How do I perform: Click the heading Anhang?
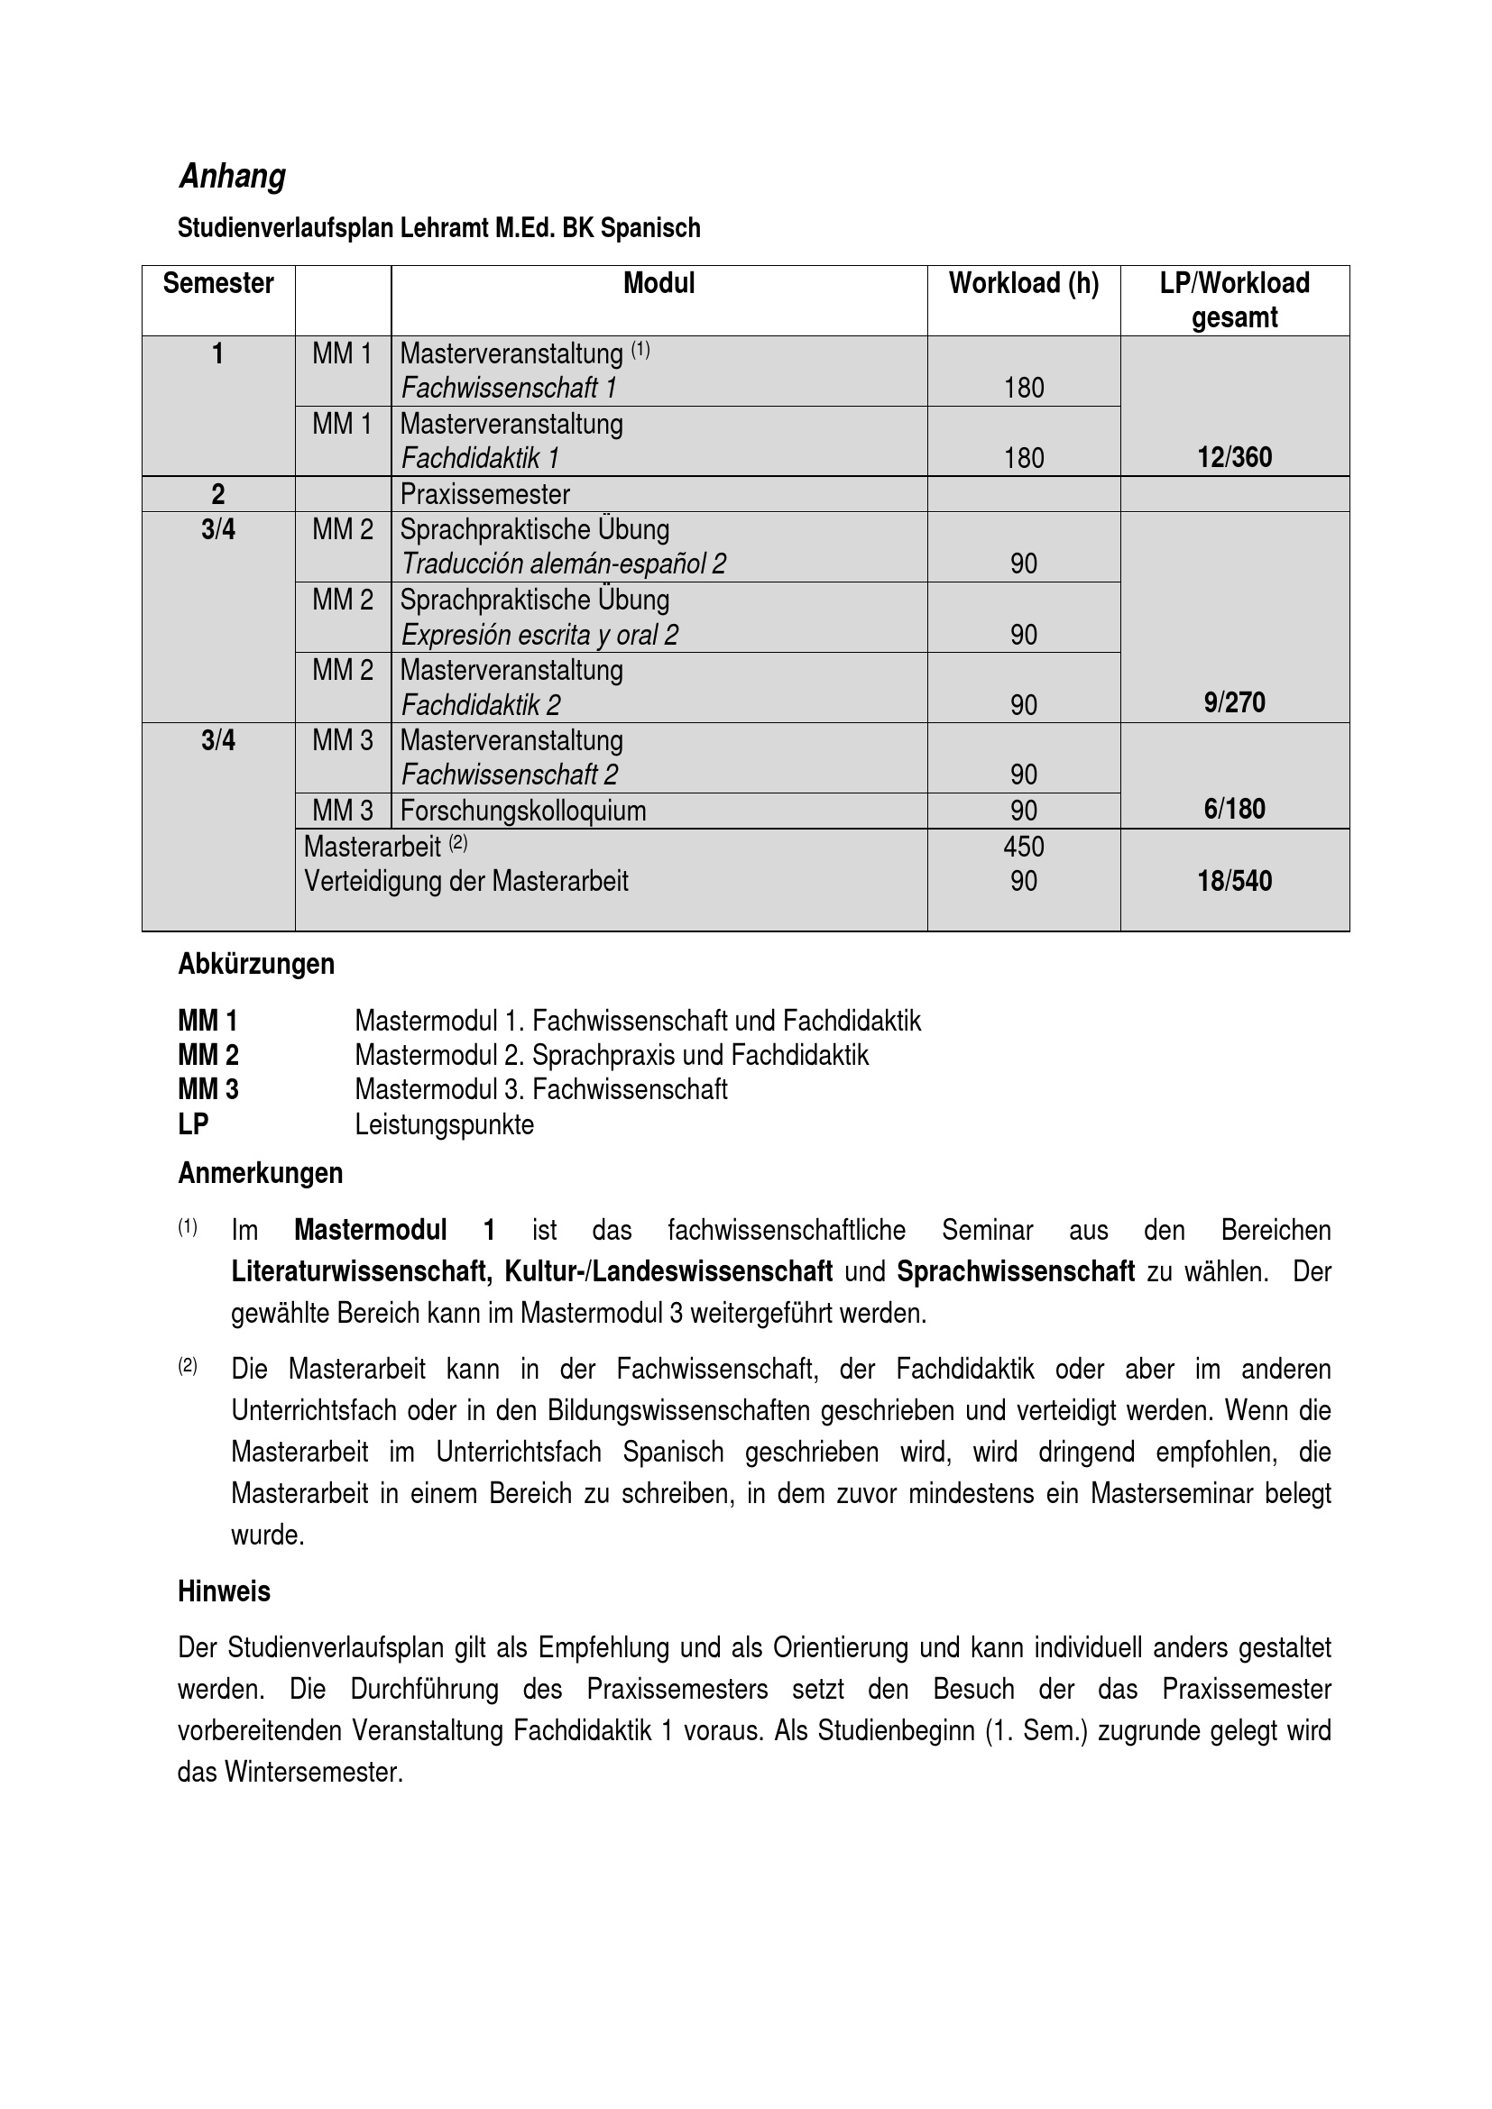pos(233,176)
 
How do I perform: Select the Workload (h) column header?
pos(1024,284)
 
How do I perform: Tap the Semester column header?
pos(218,284)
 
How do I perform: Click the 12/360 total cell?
pos(1234,457)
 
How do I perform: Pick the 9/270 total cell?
pos(1234,703)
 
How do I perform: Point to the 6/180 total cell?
pos(1234,809)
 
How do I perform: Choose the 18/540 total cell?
pos(1234,881)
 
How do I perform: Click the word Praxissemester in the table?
pos(485,495)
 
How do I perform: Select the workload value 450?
pos(1024,846)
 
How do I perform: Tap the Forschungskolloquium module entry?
pos(523,812)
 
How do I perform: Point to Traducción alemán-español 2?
pos(563,564)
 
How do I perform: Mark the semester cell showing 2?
pos(218,495)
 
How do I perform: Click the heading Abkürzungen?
pos(256,965)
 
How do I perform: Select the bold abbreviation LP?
pos(193,1124)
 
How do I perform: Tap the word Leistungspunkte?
pos(445,1124)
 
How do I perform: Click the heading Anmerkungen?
pos(260,1174)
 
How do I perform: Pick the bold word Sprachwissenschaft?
pos(1015,1271)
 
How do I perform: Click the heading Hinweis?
pos(225,1591)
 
